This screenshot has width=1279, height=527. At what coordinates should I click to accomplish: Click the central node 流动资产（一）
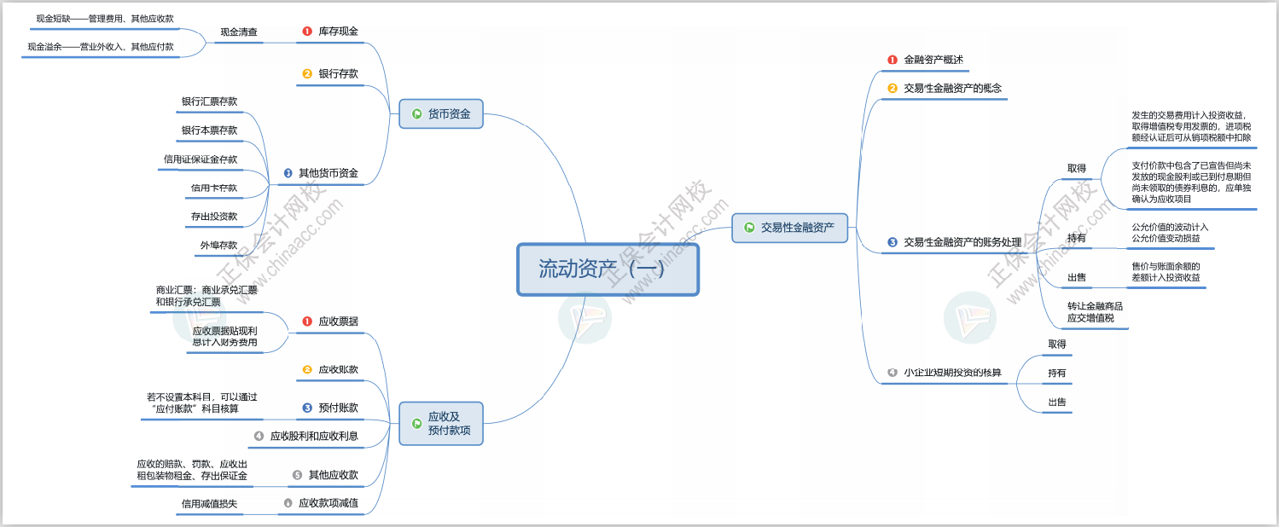coord(608,269)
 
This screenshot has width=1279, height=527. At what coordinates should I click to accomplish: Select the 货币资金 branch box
coord(440,113)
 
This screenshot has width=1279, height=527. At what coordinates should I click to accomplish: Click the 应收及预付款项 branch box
coord(440,424)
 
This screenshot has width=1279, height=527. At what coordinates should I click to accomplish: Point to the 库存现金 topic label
coord(338,32)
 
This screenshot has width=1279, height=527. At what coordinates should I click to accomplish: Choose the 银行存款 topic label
coord(338,74)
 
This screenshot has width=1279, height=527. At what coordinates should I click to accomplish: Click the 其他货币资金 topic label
coord(328,173)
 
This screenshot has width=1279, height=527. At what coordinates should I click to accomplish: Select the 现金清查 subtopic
coord(239,32)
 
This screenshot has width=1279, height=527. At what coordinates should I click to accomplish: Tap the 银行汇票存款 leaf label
coord(209,101)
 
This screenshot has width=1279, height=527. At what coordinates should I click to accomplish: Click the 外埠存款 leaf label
coord(218,246)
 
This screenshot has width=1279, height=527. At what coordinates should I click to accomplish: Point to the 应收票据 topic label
coord(338,321)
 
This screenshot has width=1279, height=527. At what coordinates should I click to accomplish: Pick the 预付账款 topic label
coord(338,408)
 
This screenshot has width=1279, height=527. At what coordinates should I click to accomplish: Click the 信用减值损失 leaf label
coord(209,504)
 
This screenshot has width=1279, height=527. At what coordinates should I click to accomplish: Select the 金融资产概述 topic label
coord(933,60)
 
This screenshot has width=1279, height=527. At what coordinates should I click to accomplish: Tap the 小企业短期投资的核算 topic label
coord(952,373)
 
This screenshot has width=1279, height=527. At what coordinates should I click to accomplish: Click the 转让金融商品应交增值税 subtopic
coord(1095,312)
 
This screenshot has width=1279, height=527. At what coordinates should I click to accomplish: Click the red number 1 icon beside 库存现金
coord(307,32)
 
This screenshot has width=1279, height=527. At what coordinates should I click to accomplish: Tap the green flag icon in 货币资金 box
coord(417,113)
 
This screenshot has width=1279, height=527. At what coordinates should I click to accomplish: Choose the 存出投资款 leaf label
coord(214,217)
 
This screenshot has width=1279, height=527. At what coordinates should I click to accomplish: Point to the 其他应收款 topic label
coord(333,475)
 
